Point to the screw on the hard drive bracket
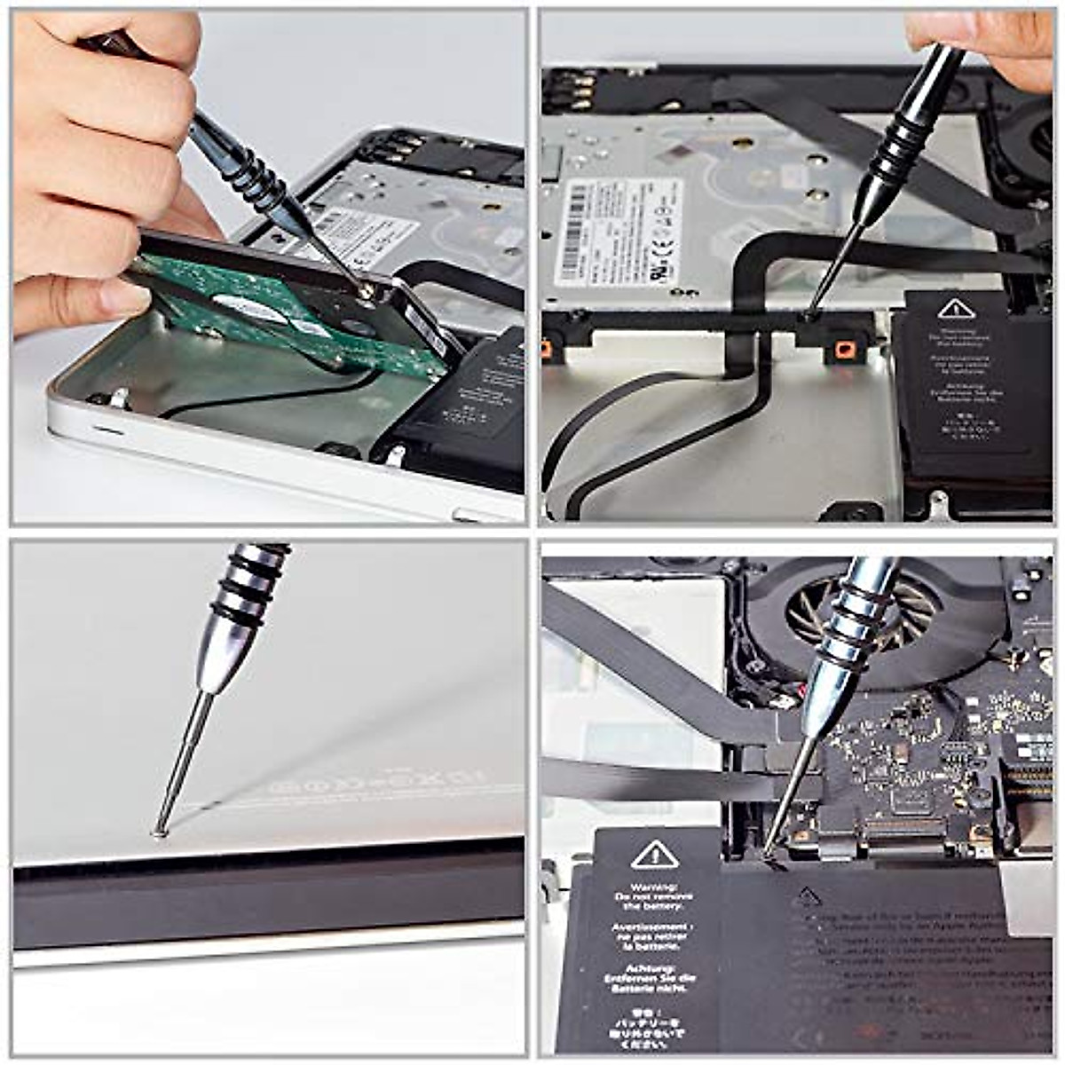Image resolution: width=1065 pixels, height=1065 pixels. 365,290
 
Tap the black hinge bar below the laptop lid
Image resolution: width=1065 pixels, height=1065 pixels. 266,892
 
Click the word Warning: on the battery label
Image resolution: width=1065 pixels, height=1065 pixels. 654,887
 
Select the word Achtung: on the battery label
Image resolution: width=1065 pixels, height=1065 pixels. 654,968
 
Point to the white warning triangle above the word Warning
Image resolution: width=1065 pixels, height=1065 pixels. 654,856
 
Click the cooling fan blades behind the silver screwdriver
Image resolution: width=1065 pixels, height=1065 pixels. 905,612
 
